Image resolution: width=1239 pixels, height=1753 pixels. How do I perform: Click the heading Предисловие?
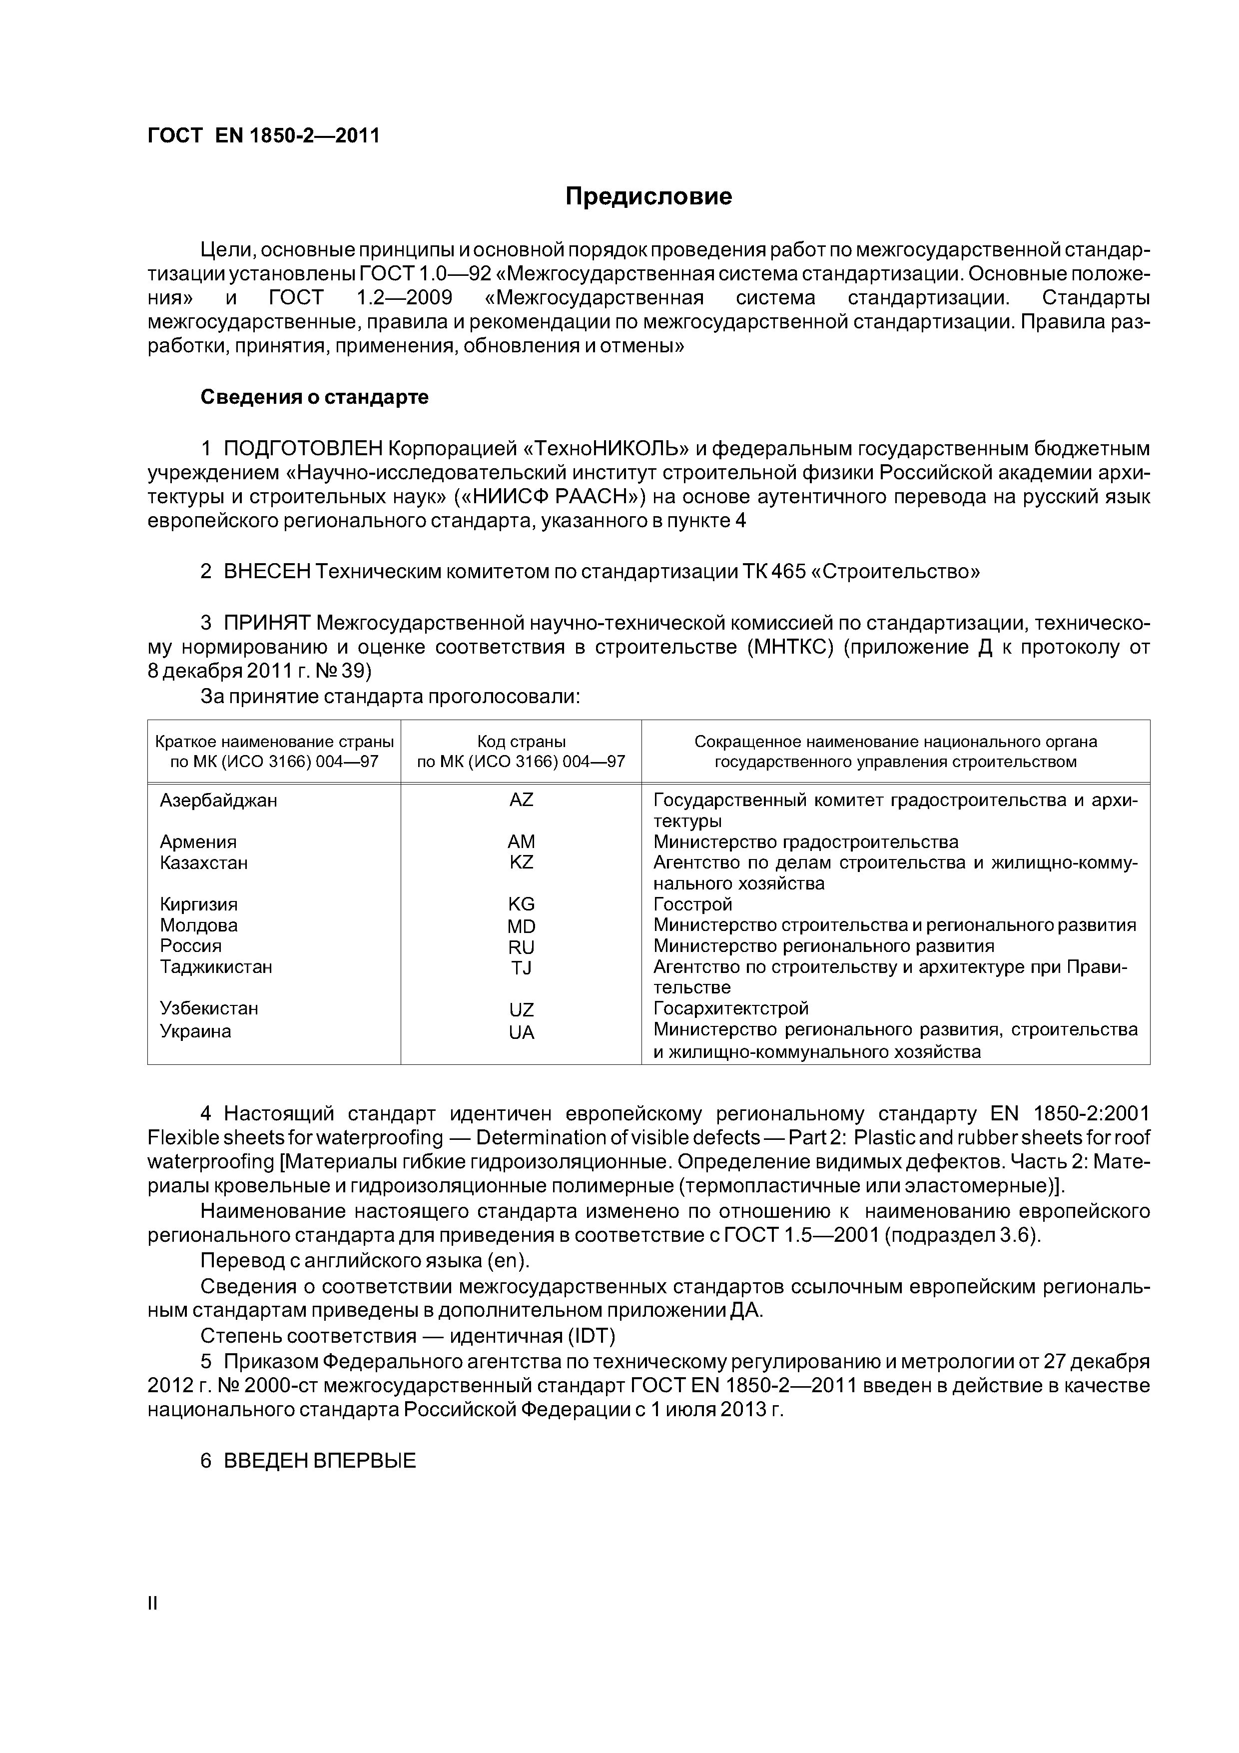648,197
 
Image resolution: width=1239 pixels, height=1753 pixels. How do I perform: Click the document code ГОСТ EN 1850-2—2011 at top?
263,136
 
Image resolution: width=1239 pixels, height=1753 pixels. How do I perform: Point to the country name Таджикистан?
216,966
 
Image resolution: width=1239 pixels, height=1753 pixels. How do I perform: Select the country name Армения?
198,842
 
